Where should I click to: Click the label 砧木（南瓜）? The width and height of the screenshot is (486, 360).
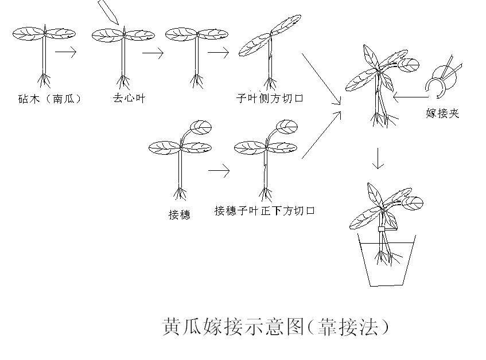tap(49, 99)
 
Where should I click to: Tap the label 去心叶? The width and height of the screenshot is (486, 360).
tap(129, 98)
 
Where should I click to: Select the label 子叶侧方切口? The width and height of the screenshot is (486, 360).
tap(269, 98)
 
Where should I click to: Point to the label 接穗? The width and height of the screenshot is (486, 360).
tap(179, 215)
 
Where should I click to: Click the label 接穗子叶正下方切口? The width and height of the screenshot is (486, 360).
tap(265, 211)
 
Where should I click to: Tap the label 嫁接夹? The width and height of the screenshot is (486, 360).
tap(442, 114)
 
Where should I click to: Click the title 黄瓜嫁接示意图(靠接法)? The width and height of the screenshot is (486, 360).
tap(276, 327)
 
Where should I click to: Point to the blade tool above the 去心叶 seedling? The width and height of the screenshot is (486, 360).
tap(108, 11)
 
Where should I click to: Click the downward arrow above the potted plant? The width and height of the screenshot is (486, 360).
tap(378, 159)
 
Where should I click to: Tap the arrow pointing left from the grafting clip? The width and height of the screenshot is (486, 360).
tap(410, 96)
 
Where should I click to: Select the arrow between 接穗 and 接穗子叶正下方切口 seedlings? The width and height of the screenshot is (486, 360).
tap(219, 170)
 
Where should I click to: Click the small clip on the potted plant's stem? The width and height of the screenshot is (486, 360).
tap(381, 229)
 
